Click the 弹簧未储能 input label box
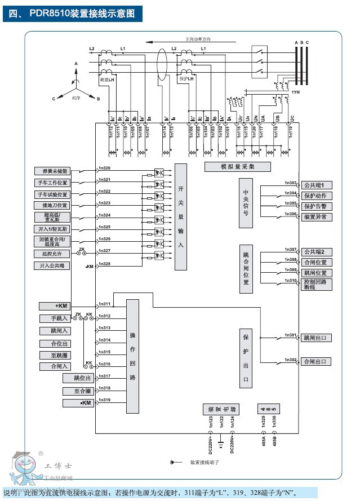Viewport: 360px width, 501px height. (55, 171)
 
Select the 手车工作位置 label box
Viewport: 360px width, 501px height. (55, 183)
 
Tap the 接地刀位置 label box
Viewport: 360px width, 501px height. (55, 205)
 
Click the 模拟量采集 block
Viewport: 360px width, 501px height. (237, 167)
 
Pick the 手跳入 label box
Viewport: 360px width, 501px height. (55, 318)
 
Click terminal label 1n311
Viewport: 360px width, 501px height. (104, 304)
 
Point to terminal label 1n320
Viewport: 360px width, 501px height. (104, 169)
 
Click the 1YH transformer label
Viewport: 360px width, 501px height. (295, 92)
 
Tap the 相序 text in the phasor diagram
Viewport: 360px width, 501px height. (75, 97)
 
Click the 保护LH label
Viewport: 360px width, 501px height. (186, 79)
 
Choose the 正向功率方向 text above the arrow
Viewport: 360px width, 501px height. (198, 39)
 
